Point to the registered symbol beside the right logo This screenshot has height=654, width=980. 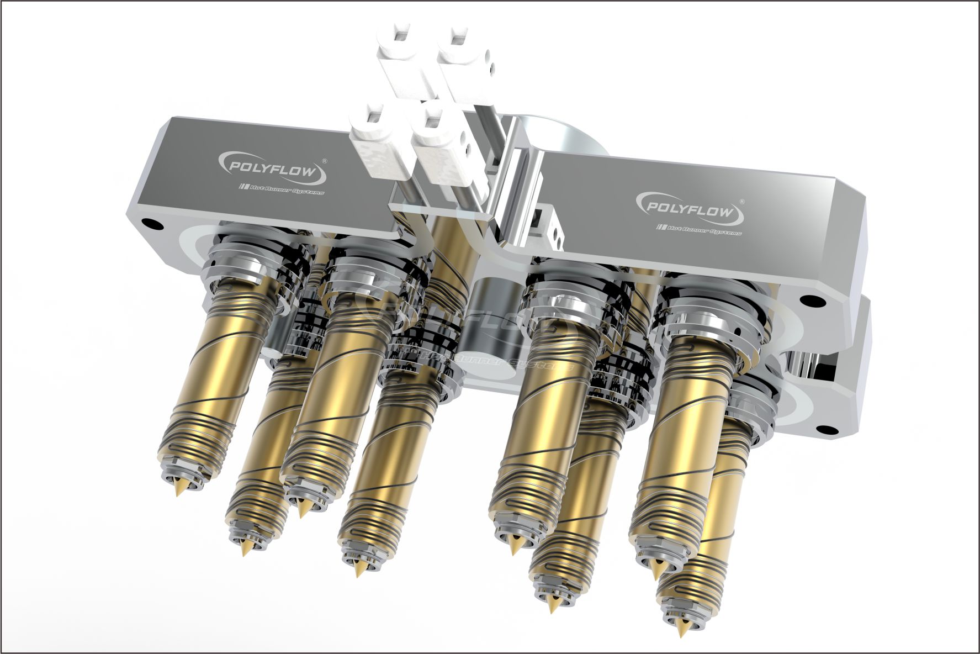[741, 202]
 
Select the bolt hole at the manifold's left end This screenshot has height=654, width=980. [150, 225]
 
